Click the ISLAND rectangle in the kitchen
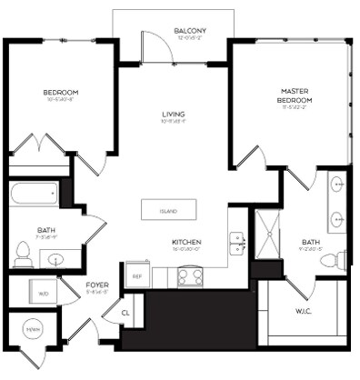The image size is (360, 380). coord(168,211)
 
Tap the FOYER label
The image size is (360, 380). coord(97,286)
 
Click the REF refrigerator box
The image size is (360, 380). coord(137,275)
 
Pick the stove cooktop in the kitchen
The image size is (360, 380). coord(190,275)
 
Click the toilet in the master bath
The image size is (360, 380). coord(337,259)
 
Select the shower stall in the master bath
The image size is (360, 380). coord(267,234)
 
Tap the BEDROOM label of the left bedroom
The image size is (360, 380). coord(60,94)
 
